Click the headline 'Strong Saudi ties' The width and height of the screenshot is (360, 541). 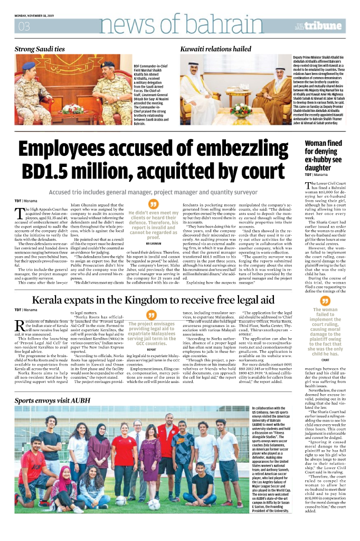pyautogui.click(x=40, y=49)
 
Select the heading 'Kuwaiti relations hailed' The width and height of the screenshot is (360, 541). pyautogui.click(x=216, y=49)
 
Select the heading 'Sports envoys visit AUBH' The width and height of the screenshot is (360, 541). pyautogui.click(x=54, y=400)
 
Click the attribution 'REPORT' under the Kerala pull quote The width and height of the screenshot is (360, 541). pyautogui.click(x=151, y=349)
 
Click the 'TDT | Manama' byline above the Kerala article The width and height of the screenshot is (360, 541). pyautogui.click(x=26, y=309)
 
